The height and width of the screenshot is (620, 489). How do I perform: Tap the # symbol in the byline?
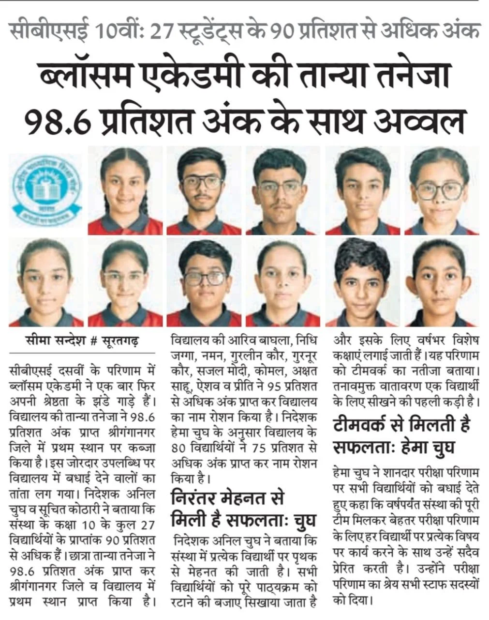pyautogui.click(x=95, y=340)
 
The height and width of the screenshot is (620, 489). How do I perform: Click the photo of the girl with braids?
pyautogui.click(x=125, y=190)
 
